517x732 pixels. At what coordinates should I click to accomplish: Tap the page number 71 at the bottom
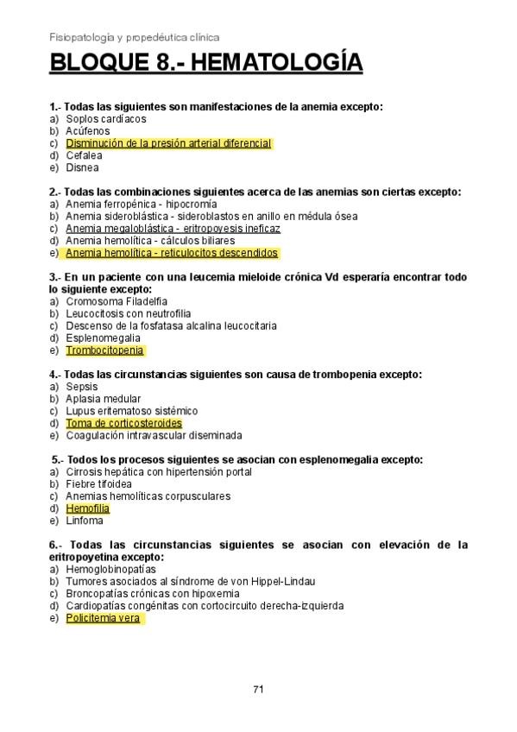click(x=258, y=689)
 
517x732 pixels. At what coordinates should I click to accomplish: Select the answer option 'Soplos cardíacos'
click(x=106, y=118)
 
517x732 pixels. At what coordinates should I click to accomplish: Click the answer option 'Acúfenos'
click(x=88, y=131)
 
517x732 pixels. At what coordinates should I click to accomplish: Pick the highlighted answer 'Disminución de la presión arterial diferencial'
click(x=168, y=143)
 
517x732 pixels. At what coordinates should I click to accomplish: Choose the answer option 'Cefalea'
click(x=84, y=155)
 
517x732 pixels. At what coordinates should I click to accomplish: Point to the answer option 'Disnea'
click(x=82, y=167)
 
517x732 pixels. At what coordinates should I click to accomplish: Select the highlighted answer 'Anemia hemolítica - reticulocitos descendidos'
click(x=172, y=253)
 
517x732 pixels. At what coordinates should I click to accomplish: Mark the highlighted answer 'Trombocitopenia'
click(x=105, y=350)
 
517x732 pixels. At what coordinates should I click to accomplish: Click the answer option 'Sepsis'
click(x=82, y=387)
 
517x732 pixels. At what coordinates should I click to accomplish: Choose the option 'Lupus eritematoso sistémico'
click(x=131, y=411)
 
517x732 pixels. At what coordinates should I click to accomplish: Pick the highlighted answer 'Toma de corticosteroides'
click(x=123, y=424)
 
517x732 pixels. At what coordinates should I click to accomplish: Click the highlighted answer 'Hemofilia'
click(x=88, y=508)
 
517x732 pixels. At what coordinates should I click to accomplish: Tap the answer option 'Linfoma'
click(x=85, y=521)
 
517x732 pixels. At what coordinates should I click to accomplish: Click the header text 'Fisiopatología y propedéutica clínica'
click(x=135, y=37)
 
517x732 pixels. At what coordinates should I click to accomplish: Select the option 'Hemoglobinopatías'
click(x=110, y=570)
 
